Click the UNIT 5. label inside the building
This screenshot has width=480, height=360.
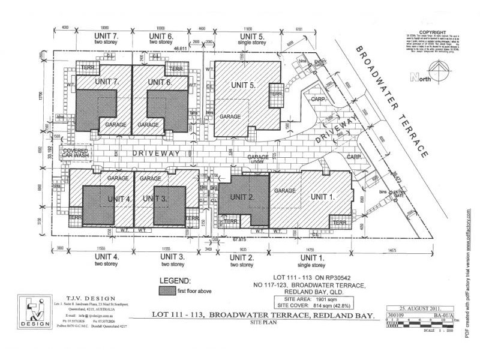pyautogui.click(x=243, y=85)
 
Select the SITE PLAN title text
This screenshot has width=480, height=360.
pyautogui.click(x=262, y=323)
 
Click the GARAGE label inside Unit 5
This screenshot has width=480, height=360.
pyautogui.click(x=230, y=116)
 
